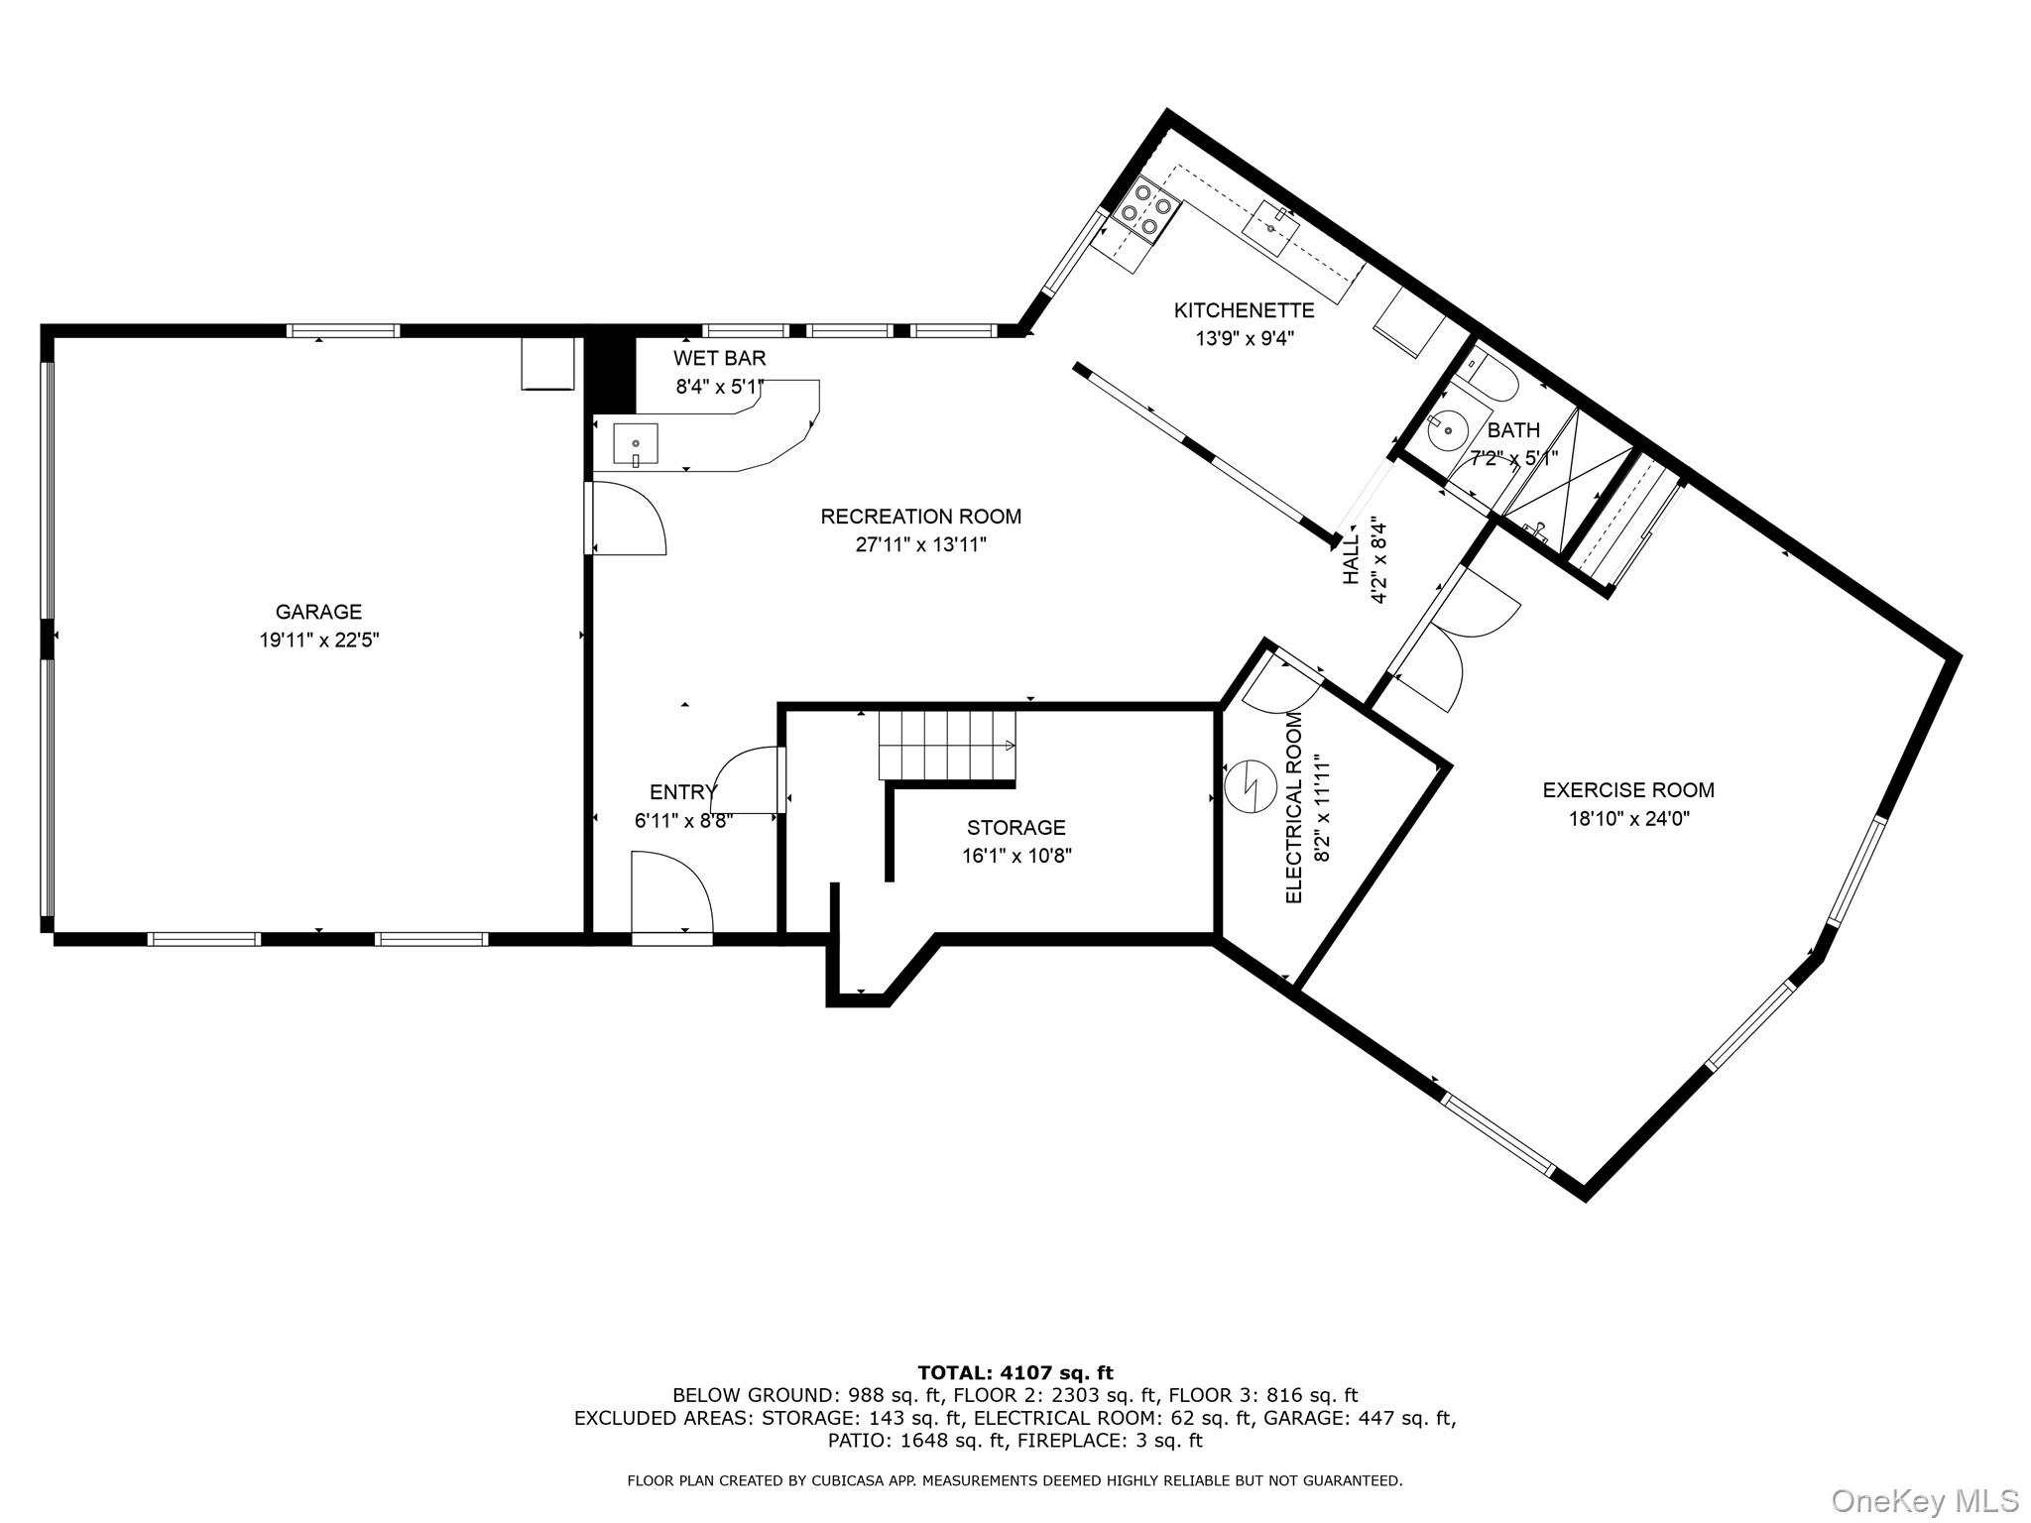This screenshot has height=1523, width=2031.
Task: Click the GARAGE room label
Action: tap(318, 612)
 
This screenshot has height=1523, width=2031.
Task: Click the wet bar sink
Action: tap(636, 445)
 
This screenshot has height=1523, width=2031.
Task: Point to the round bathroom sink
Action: tap(1449, 429)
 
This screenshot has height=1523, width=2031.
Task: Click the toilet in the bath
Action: tap(1491, 381)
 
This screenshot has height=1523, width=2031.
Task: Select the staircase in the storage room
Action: tap(947, 746)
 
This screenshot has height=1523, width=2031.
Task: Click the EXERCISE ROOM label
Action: tap(1628, 790)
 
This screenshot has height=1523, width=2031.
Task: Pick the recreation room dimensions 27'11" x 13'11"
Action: tap(921, 544)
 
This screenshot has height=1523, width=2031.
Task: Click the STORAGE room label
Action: tap(1016, 827)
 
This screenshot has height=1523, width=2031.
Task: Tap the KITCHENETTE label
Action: tap(1245, 310)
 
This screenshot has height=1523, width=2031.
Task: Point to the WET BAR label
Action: tap(720, 358)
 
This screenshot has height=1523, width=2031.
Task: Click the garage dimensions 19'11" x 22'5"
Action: tap(319, 641)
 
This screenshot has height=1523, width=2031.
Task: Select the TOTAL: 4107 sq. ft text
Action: tap(1015, 1373)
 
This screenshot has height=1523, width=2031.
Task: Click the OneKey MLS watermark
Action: tap(1924, 1499)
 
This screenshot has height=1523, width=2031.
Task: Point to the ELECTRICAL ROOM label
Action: tap(1294, 807)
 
